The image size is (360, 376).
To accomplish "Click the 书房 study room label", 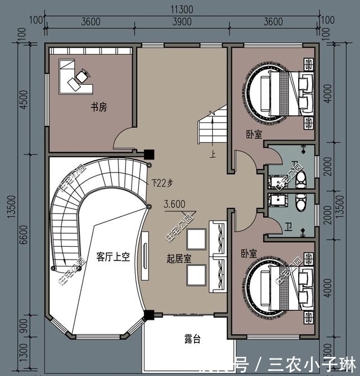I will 98,107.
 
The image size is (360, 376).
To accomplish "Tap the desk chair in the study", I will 82,74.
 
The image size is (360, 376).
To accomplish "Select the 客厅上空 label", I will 112,257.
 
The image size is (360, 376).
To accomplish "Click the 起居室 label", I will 179,259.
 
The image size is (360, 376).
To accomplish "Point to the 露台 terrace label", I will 192,339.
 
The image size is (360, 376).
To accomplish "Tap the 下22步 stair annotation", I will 162,183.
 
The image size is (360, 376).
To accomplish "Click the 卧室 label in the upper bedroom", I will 253,134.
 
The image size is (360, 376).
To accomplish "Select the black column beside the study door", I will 149,153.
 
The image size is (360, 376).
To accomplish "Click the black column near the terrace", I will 149,316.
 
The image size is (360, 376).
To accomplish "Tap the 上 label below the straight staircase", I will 212,152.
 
